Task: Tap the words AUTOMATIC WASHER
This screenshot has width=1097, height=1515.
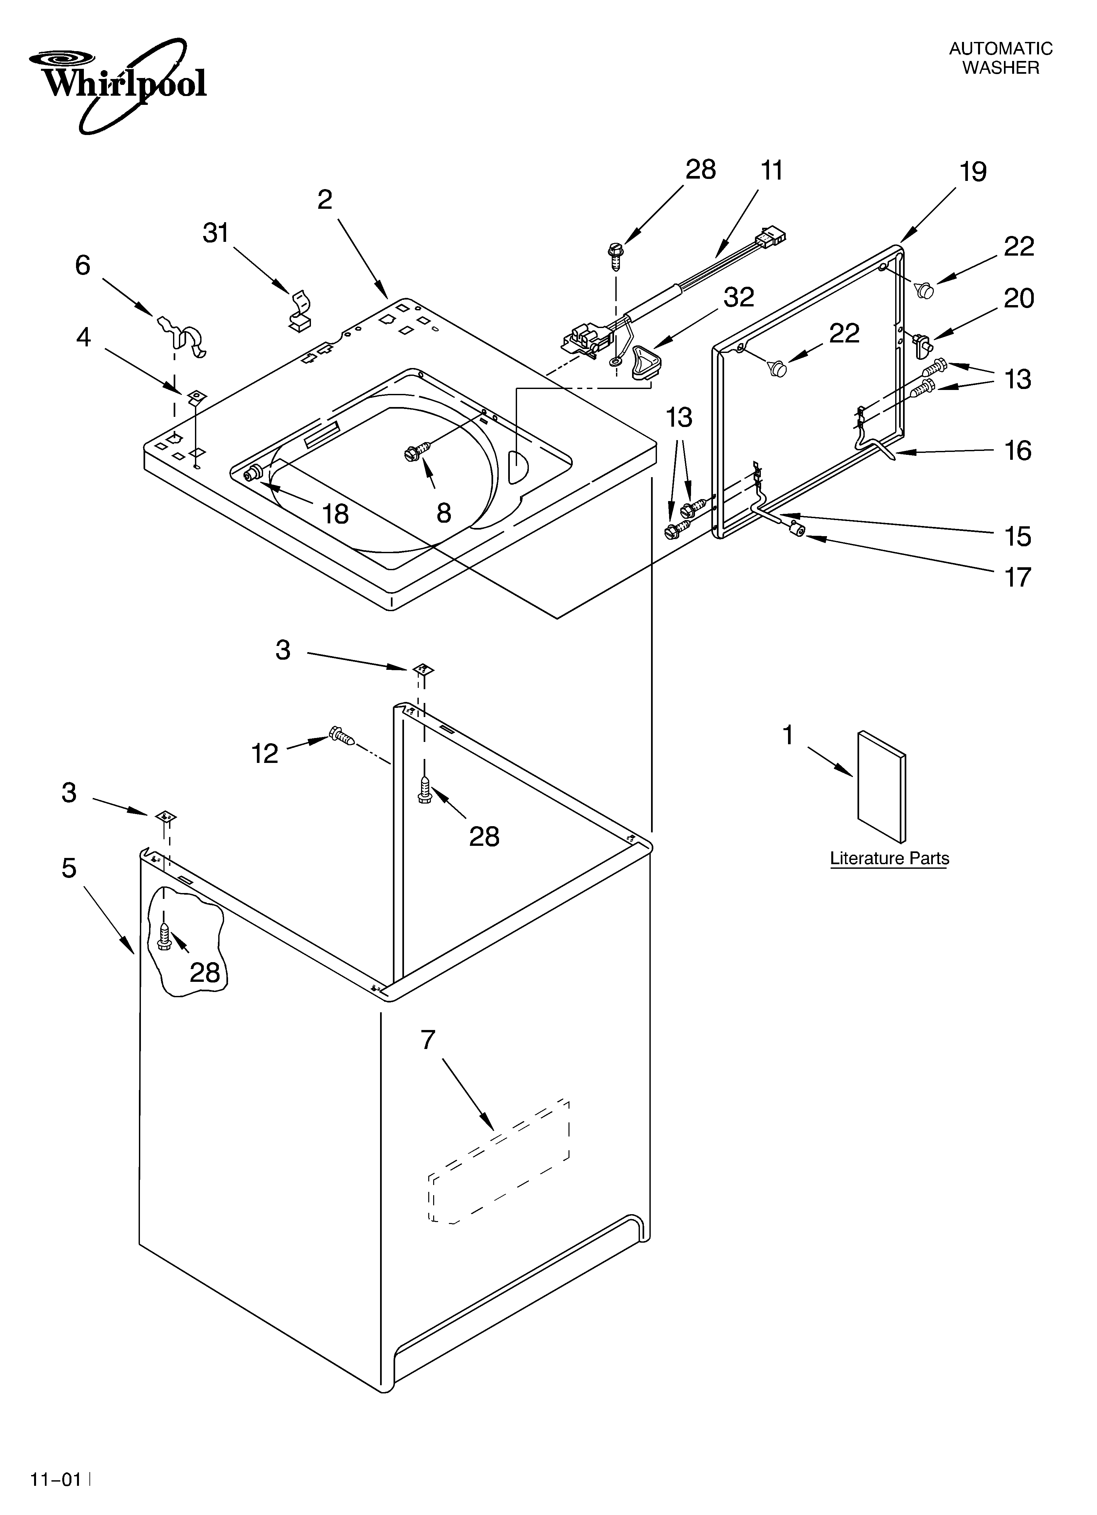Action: coord(1000,58)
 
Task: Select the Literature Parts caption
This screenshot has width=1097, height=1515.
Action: coord(889,858)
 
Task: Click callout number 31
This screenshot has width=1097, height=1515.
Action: coord(216,233)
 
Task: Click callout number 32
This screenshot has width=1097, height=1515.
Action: coord(739,297)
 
